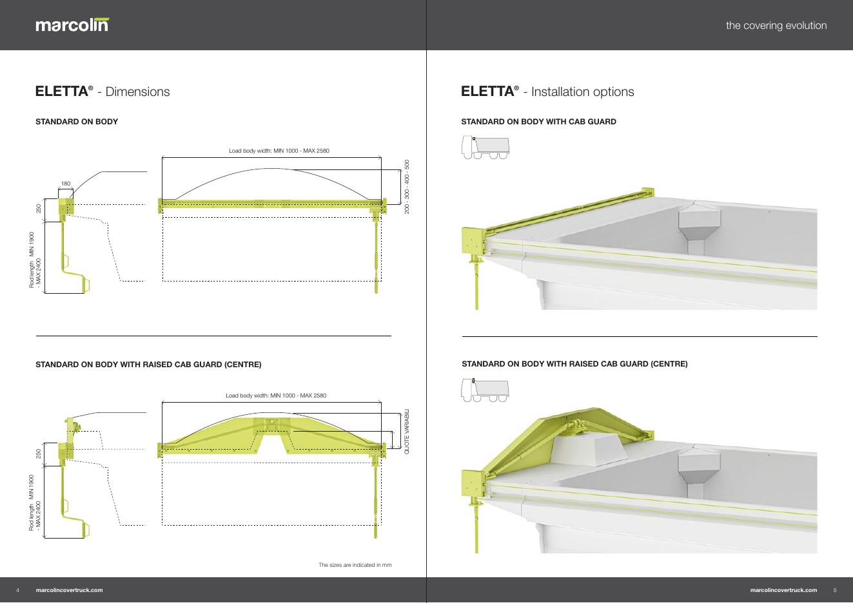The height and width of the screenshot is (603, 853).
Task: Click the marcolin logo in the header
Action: click(x=72, y=25)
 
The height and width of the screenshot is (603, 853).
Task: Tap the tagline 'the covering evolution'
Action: click(x=776, y=26)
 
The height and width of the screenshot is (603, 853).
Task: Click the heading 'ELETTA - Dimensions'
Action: click(x=103, y=91)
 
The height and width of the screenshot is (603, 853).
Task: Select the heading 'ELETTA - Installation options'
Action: click(x=547, y=91)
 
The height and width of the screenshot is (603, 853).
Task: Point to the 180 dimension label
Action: click(x=65, y=184)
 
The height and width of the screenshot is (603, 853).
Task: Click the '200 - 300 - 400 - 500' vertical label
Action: click(x=407, y=187)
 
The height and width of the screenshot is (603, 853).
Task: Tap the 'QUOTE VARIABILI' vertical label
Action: click(x=407, y=431)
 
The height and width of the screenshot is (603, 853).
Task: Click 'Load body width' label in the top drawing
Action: click(x=279, y=151)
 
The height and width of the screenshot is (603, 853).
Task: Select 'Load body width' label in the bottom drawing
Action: click(x=275, y=395)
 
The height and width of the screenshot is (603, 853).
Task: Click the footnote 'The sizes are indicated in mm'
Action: click(x=355, y=565)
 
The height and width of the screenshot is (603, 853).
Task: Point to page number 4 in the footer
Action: click(x=18, y=590)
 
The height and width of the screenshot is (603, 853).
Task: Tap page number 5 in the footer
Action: click(x=835, y=590)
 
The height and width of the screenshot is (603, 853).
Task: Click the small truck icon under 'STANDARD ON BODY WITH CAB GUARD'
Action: click(x=485, y=148)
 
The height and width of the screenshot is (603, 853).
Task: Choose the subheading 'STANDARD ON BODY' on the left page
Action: click(x=77, y=122)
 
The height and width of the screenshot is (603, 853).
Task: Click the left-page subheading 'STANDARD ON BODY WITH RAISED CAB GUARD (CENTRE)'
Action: click(x=148, y=365)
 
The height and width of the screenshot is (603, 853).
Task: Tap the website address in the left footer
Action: click(x=70, y=590)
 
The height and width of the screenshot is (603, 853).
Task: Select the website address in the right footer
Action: click(x=783, y=590)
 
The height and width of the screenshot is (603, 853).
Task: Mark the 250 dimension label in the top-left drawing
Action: click(x=39, y=209)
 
